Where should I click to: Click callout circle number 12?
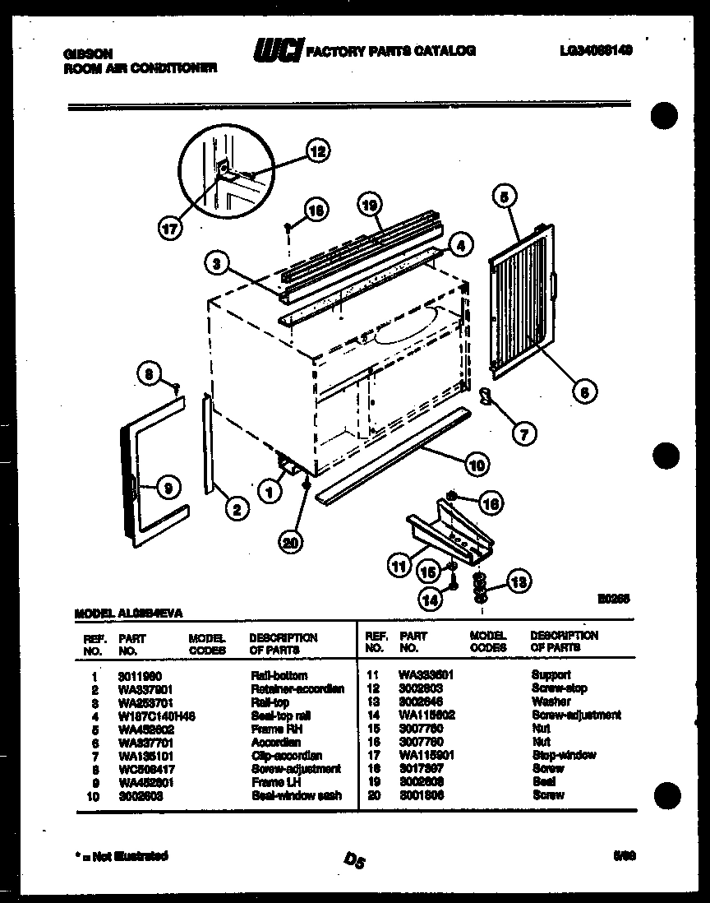[316, 151]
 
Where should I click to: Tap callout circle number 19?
[371, 204]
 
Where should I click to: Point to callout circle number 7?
[523, 432]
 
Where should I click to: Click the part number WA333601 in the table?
[426, 674]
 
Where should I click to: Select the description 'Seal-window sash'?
[296, 795]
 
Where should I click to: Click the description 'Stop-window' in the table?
[563, 755]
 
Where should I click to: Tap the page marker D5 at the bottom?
[355, 860]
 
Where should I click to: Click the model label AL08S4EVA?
[129, 613]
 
